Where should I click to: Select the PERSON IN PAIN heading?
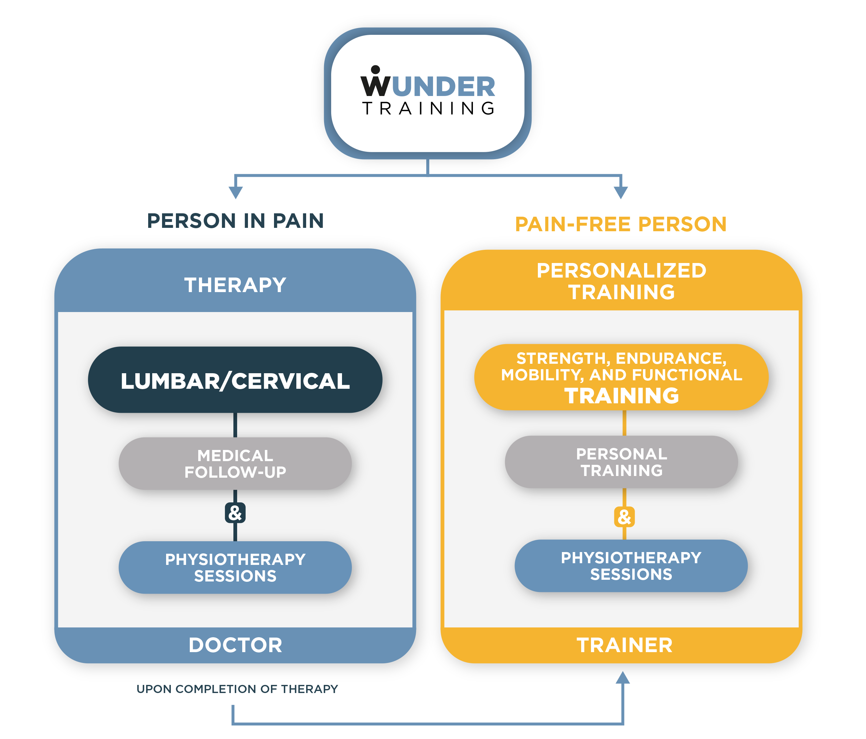[x=235, y=220]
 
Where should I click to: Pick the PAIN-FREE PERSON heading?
[x=621, y=224]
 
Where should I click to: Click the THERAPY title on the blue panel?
[x=235, y=285]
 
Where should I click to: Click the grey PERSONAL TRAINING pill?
[x=621, y=462]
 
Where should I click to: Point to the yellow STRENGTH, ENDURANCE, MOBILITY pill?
[x=621, y=377]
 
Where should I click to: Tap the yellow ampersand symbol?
[x=624, y=517]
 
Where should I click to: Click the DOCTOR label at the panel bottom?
[x=235, y=645]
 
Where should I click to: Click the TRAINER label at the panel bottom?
[x=624, y=645]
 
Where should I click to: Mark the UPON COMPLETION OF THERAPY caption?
[x=237, y=689]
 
